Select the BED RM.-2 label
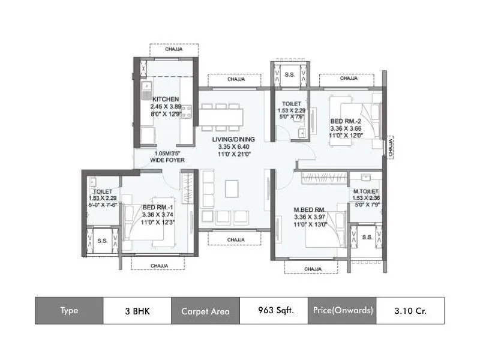[x=344, y=121]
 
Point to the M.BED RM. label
[x=309, y=210]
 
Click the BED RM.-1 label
[x=158, y=208]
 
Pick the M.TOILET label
[x=365, y=191]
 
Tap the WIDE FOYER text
[x=167, y=160]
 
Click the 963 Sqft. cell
[x=274, y=311]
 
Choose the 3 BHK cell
[x=137, y=311]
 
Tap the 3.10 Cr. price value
[x=410, y=311]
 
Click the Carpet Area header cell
[x=205, y=311]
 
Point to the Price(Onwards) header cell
[x=342, y=311]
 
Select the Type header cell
[x=69, y=311]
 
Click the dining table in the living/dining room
[x=221, y=116]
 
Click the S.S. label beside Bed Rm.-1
[x=103, y=240]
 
